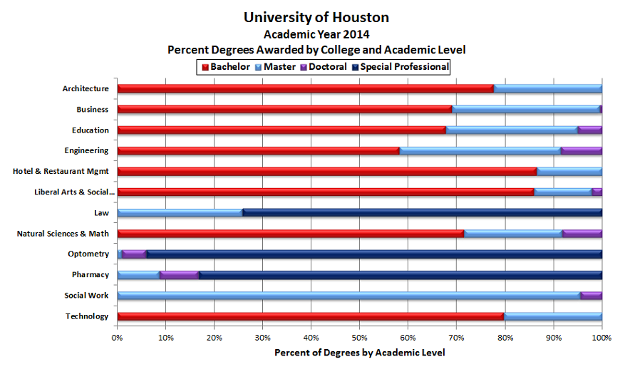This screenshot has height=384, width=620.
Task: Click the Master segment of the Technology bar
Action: click(x=553, y=316)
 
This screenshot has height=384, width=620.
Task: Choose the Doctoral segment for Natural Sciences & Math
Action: click(x=582, y=234)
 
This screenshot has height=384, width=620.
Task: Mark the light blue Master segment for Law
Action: click(x=180, y=213)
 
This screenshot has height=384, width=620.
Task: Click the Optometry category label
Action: click(x=88, y=254)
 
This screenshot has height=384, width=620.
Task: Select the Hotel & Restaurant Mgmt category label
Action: click(x=61, y=172)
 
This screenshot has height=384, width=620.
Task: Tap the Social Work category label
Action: click(x=86, y=296)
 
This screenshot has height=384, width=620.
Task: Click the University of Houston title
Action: click(x=316, y=17)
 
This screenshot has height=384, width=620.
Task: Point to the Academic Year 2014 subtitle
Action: click(x=316, y=34)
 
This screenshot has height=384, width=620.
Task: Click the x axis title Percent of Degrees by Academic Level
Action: click(x=359, y=353)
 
